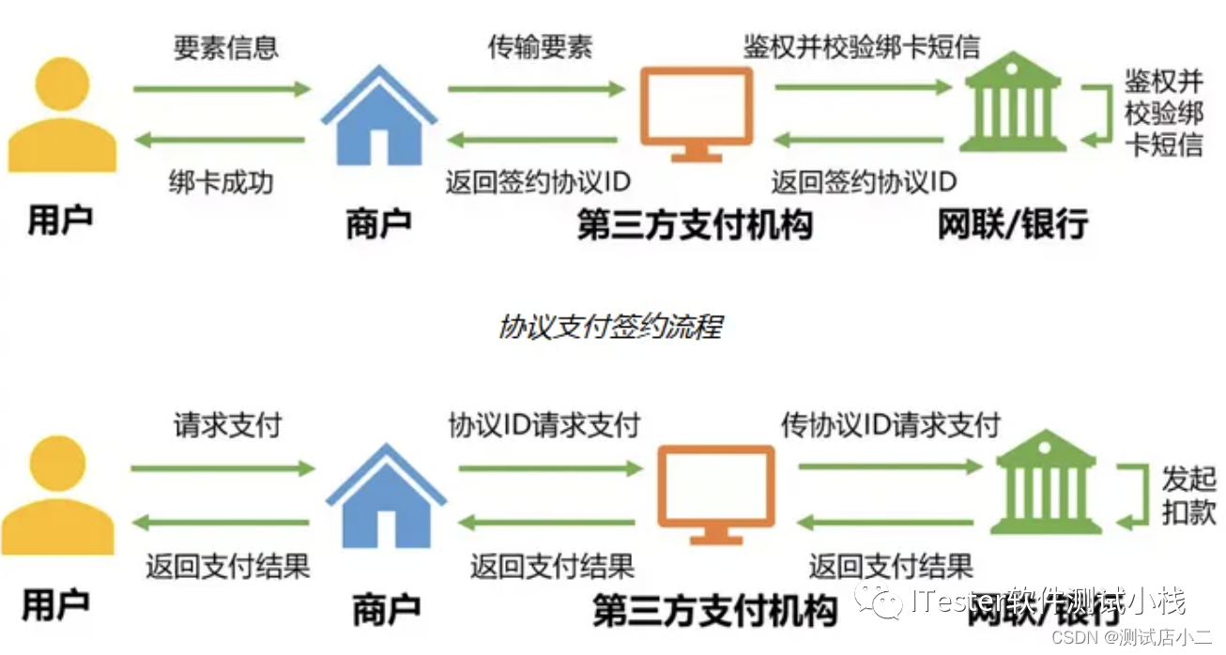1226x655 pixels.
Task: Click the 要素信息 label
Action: coord(226,48)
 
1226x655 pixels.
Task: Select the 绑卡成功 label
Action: coord(222,181)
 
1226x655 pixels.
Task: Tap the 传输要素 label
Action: coord(540,48)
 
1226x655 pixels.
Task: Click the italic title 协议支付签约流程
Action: coord(610,327)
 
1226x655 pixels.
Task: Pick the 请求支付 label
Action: coord(227,425)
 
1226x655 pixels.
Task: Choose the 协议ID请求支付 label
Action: coord(544,425)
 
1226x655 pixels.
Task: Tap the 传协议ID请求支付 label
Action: coord(890,425)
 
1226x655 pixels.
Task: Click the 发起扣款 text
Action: coord(1188,495)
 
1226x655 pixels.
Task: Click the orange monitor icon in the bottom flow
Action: coord(715,495)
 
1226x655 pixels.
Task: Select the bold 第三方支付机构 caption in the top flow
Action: coord(695,226)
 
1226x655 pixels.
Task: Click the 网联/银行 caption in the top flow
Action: coord(1013,225)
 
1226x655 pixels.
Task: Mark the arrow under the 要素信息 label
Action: coord(222,90)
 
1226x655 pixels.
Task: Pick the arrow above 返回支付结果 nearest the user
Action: coord(222,523)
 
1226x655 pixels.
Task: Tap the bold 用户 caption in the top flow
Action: coord(61,221)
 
